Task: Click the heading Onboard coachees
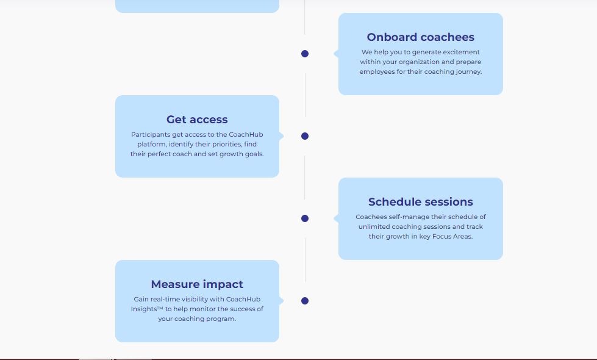click(x=420, y=37)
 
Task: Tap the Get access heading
click(x=197, y=120)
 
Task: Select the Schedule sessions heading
click(x=420, y=202)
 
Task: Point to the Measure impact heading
click(x=197, y=284)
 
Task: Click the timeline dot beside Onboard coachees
click(x=305, y=54)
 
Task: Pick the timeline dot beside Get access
click(x=305, y=136)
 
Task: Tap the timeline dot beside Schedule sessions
click(x=305, y=218)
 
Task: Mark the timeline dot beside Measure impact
click(x=305, y=301)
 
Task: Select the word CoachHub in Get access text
click(x=246, y=135)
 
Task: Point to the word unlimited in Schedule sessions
click(x=374, y=227)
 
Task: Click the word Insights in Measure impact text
click(x=144, y=309)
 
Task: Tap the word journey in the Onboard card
click(x=467, y=72)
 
